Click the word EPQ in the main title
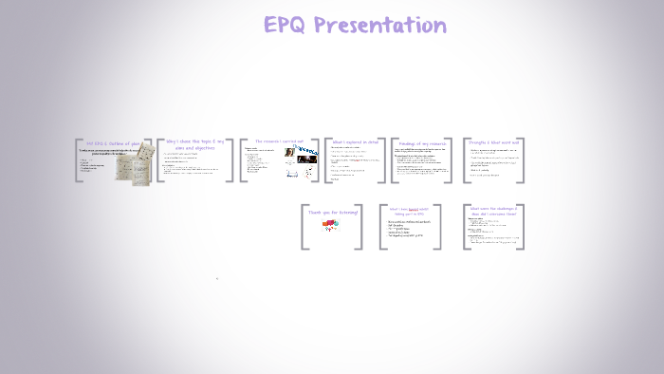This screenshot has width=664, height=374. [287, 25]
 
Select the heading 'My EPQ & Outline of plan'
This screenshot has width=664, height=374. [115, 142]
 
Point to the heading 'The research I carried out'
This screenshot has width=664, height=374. [280, 141]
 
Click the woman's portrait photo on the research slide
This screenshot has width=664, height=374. [289, 153]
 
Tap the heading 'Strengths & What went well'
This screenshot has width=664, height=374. [494, 141]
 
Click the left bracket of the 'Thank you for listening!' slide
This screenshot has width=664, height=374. [304, 228]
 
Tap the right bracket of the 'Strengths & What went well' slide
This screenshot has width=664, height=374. [521, 159]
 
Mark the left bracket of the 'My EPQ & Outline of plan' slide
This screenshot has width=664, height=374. [78, 159]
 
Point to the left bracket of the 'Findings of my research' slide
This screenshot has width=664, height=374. [394, 159]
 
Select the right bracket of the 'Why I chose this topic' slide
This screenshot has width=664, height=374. [231, 159]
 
